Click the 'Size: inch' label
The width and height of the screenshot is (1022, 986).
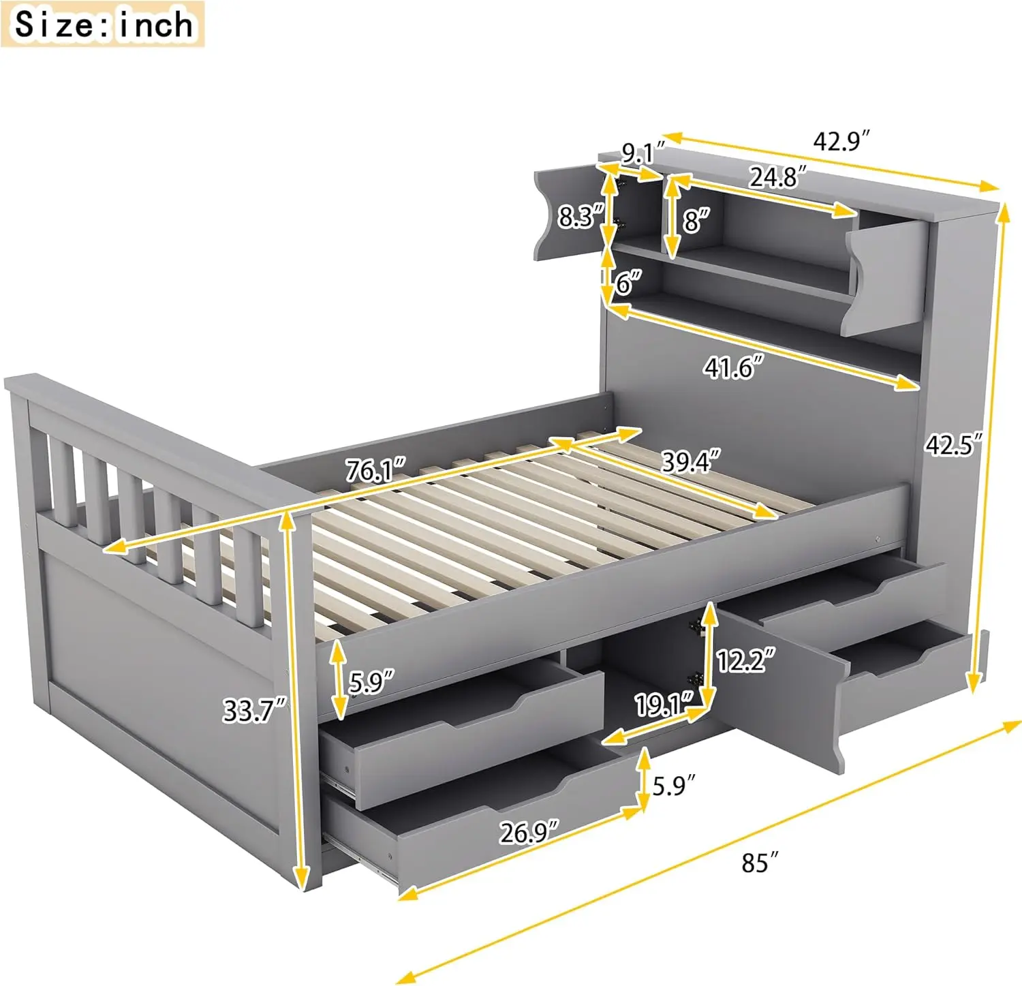[104, 25]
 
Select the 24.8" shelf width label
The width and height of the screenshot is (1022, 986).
[778, 177]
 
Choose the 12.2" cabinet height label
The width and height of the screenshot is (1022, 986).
[745, 660]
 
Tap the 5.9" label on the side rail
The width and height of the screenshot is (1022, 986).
[371, 681]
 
